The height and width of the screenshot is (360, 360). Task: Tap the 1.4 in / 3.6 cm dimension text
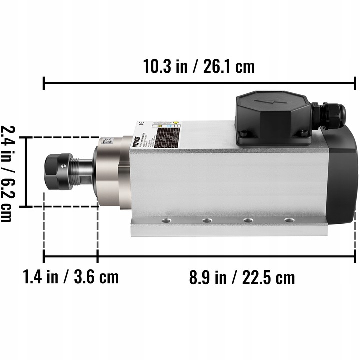point(71,276)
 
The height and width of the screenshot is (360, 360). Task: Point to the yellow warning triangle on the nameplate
point(175,122)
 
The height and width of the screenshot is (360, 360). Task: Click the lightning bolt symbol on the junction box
point(268,101)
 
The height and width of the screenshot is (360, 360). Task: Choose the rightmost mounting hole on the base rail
point(287,220)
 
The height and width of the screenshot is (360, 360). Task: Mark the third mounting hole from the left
point(247,220)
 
